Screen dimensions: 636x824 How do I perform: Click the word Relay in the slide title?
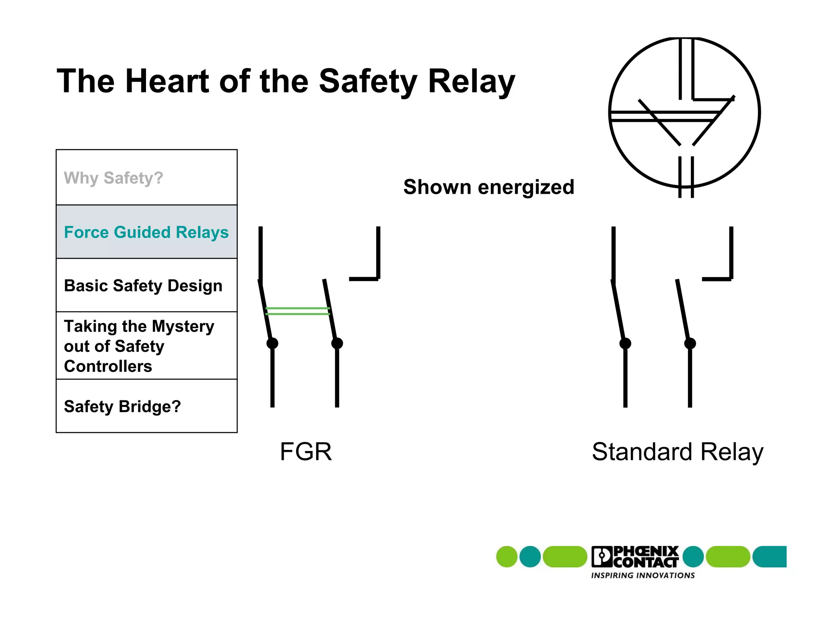pos(471,81)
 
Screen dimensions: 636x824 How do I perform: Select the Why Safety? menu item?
pos(113,178)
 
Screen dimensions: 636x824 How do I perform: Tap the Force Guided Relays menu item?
pos(146,232)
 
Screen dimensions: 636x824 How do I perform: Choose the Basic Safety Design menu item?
pos(143,286)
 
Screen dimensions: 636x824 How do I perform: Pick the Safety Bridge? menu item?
pos(122,406)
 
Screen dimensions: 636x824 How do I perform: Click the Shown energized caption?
pos(488,187)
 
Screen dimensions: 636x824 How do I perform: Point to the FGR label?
pos(305,451)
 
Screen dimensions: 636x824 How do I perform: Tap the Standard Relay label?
pos(677,452)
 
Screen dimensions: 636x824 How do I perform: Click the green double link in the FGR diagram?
pos(298,311)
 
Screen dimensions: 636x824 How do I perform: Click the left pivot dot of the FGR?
pos(272,343)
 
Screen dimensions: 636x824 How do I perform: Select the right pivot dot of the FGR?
pos(337,343)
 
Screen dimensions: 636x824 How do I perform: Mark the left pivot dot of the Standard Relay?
pos(625,343)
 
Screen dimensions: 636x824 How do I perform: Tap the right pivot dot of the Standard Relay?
pos(690,343)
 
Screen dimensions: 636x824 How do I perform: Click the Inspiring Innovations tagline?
pos(643,575)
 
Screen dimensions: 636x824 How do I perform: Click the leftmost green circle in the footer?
pos(507,557)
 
